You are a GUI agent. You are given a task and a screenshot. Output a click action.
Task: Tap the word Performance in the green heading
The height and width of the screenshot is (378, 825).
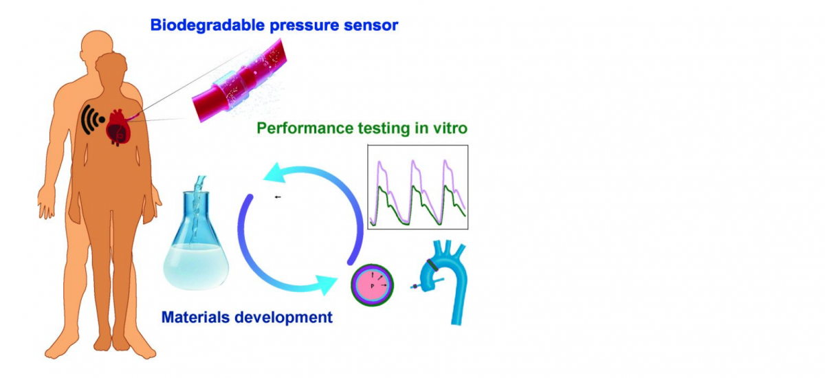tap(305, 128)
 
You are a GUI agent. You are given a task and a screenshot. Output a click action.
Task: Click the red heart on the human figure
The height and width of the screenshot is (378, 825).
tap(118, 127)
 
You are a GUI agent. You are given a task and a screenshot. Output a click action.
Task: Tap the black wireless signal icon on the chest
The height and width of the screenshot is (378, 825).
tap(92, 120)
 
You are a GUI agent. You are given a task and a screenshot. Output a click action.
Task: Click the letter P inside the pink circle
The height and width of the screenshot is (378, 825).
tap(373, 286)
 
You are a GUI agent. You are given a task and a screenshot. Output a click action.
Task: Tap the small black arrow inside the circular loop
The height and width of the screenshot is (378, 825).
tap(278, 197)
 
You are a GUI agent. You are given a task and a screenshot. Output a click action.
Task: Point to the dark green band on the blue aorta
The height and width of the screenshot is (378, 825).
tap(432, 265)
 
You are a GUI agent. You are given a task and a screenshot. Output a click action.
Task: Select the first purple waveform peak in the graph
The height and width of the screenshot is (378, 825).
tap(379, 162)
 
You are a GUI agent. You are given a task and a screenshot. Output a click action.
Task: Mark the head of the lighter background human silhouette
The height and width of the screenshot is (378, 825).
tap(96, 44)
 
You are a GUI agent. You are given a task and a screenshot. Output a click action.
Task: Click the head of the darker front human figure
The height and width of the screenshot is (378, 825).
tap(111, 67)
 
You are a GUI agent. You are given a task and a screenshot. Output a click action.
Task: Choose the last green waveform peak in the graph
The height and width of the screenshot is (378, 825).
tap(446, 188)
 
